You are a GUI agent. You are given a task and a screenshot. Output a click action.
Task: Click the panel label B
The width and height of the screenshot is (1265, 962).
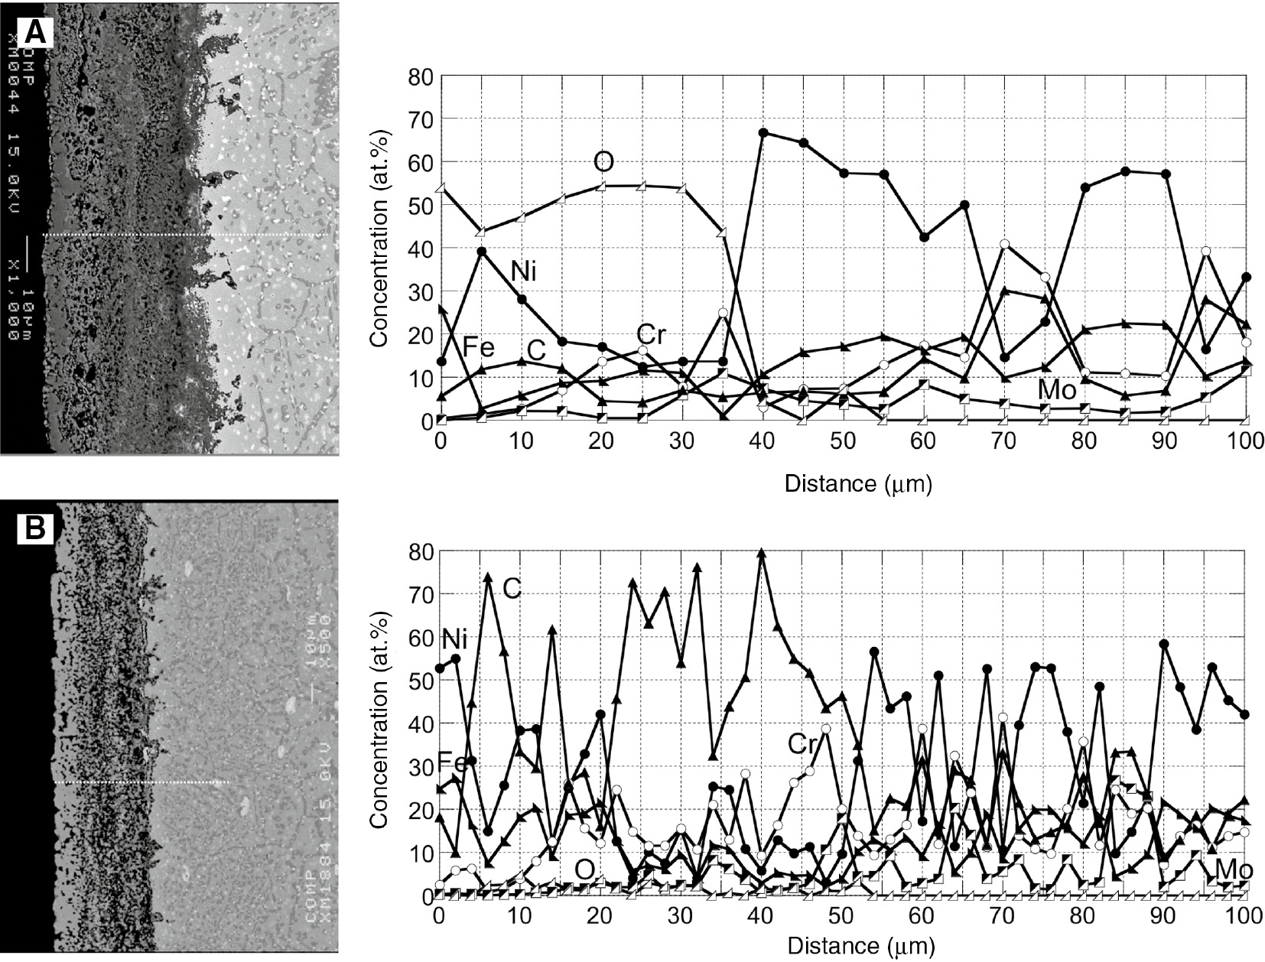point(36,528)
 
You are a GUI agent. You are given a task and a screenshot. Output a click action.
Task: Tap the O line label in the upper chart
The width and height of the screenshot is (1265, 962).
point(603,161)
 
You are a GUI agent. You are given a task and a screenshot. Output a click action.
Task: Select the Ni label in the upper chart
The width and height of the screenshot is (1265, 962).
point(523,271)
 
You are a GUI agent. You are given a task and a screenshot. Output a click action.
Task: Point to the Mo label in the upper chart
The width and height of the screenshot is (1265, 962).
point(1057,390)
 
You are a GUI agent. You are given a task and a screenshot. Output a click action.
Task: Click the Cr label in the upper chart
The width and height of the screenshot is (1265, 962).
point(650,335)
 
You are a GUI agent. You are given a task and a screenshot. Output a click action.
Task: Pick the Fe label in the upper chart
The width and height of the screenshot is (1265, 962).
point(478,349)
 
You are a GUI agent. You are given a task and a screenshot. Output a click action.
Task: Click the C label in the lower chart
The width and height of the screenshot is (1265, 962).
point(512,587)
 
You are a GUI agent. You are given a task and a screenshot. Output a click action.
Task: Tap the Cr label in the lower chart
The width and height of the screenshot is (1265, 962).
point(802,743)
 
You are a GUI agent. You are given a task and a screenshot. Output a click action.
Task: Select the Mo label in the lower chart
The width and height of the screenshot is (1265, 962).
point(1234,869)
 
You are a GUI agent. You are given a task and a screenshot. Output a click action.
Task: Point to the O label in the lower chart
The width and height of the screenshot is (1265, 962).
point(584,869)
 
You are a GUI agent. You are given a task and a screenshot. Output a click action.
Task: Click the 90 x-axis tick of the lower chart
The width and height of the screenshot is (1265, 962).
point(1164,914)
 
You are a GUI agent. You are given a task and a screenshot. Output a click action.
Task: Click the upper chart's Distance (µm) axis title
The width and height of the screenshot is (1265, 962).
point(858,483)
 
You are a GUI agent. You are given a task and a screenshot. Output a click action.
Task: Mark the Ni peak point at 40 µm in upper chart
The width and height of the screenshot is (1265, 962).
point(763,132)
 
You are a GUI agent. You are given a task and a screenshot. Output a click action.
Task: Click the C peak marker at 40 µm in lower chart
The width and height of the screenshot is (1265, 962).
point(761,553)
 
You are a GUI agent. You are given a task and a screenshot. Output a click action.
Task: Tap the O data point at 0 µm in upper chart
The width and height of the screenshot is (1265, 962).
point(441,188)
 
